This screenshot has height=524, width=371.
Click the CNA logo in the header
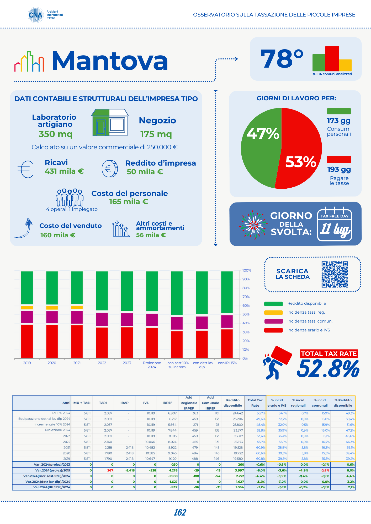(x=36, y=15)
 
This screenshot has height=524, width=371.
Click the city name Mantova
(x=110, y=61)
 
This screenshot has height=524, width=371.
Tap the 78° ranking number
(x=282, y=59)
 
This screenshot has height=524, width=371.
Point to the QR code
(x=335, y=274)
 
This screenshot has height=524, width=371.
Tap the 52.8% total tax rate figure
(x=328, y=369)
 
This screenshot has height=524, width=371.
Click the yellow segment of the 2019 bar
(x=27, y=308)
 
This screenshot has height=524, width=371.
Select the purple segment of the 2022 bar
(x=102, y=319)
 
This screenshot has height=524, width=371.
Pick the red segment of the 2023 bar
(x=127, y=342)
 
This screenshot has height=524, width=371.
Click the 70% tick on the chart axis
(x=246, y=297)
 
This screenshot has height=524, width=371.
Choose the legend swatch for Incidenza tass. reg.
(x=273, y=312)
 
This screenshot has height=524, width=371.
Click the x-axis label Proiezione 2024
(x=152, y=365)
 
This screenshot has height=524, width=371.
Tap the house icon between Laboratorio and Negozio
(x=110, y=123)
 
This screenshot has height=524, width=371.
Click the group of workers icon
(x=70, y=198)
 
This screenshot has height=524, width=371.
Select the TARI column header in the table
(x=103, y=403)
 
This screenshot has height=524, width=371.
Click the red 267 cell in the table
(x=110, y=470)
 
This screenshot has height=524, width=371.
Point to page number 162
(x=180, y=512)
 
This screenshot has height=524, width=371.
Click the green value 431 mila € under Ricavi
(x=64, y=171)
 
